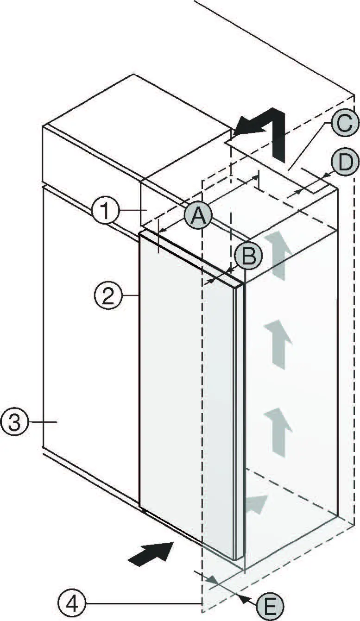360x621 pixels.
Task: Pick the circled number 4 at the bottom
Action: pos(72,603)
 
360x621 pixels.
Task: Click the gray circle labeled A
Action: pos(198,216)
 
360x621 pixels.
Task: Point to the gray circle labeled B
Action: pos(248,256)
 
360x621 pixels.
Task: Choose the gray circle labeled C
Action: pos(344,123)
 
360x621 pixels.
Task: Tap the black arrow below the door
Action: pos(151,553)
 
